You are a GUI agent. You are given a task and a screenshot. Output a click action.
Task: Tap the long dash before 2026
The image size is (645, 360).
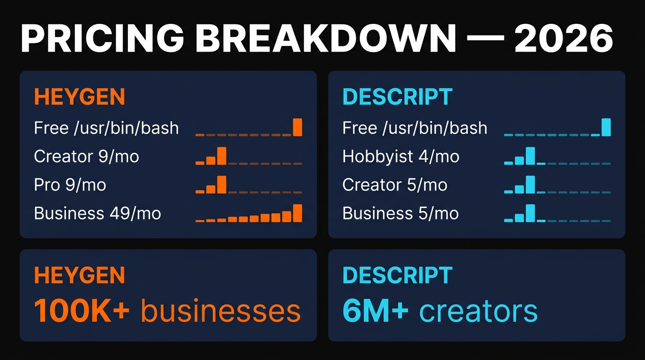(x=485, y=39)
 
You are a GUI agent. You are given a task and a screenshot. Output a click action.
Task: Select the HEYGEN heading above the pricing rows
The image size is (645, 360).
(x=79, y=97)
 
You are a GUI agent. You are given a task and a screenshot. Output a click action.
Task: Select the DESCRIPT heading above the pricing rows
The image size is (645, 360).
(x=397, y=97)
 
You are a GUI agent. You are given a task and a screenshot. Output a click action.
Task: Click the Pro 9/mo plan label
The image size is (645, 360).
(x=70, y=185)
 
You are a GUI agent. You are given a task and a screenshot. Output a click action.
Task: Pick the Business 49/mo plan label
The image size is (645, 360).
(x=97, y=213)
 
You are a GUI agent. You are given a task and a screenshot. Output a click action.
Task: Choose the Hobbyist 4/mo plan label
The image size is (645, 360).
(x=401, y=156)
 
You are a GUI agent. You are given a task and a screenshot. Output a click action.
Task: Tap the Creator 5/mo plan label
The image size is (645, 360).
(x=395, y=185)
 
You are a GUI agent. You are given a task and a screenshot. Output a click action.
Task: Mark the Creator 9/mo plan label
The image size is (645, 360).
(x=86, y=156)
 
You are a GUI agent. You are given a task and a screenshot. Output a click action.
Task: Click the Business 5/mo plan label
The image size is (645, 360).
(x=400, y=213)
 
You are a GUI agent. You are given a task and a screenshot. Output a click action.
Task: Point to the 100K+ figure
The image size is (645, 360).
(x=82, y=310)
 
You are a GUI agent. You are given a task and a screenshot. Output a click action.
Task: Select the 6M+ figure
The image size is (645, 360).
(x=375, y=310)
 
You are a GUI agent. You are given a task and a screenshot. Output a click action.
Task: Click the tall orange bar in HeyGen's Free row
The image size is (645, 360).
(x=297, y=127)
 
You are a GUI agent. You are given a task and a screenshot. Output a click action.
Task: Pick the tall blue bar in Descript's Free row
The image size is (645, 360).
(x=606, y=127)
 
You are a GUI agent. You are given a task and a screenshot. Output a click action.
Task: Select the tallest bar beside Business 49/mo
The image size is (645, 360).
(x=297, y=213)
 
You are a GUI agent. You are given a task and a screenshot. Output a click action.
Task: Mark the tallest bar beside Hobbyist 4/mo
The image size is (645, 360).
(x=530, y=156)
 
